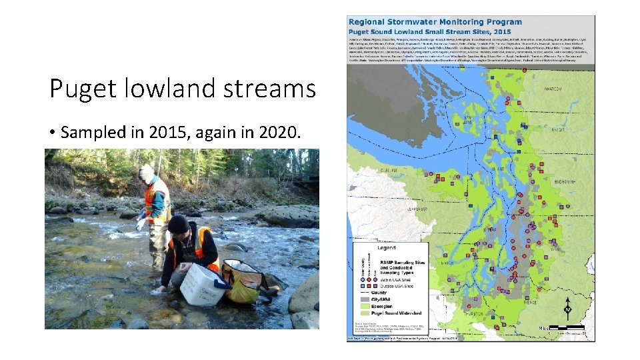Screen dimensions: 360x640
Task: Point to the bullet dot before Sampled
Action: [52, 133]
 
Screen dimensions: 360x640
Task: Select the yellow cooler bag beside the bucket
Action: [241, 280]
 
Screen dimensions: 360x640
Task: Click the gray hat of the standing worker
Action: [147, 172]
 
